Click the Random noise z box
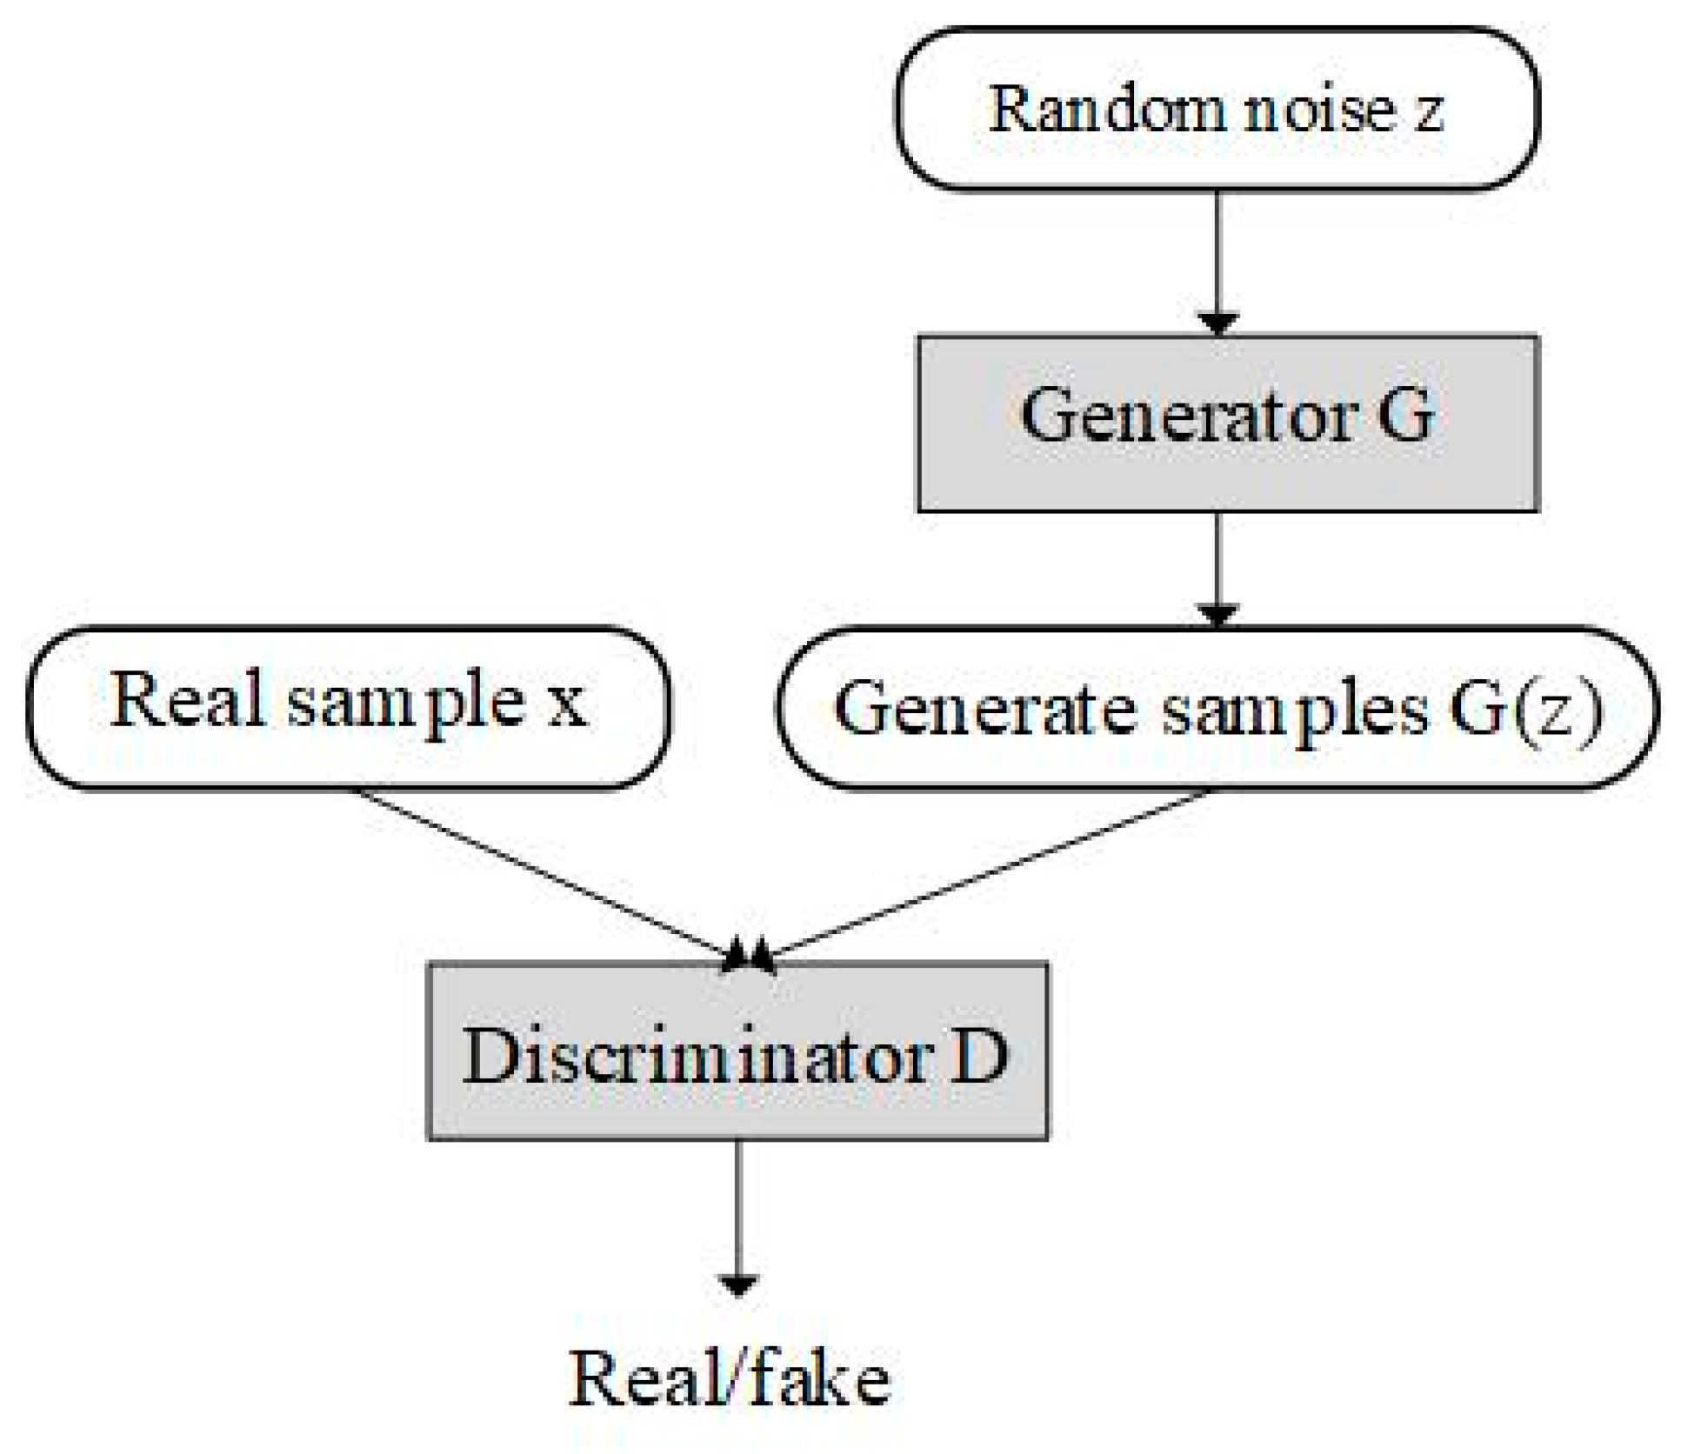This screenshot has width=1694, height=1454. pyautogui.click(x=1217, y=110)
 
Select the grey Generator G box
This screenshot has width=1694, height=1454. pyautogui.click(x=1228, y=424)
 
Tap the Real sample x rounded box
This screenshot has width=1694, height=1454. pyautogui.click(x=348, y=708)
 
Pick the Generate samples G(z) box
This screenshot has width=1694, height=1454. pyautogui.click(x=1217, y=708)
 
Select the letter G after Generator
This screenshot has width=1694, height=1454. pyautogui.click(x=1404, y=416)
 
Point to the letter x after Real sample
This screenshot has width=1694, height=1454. pyautogui.click(x=566, y=703)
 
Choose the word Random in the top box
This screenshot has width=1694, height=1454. pyautogui.click(x=1110, y=110)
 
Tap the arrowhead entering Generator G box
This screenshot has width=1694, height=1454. pyautogui.click(x=1217, y=323)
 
